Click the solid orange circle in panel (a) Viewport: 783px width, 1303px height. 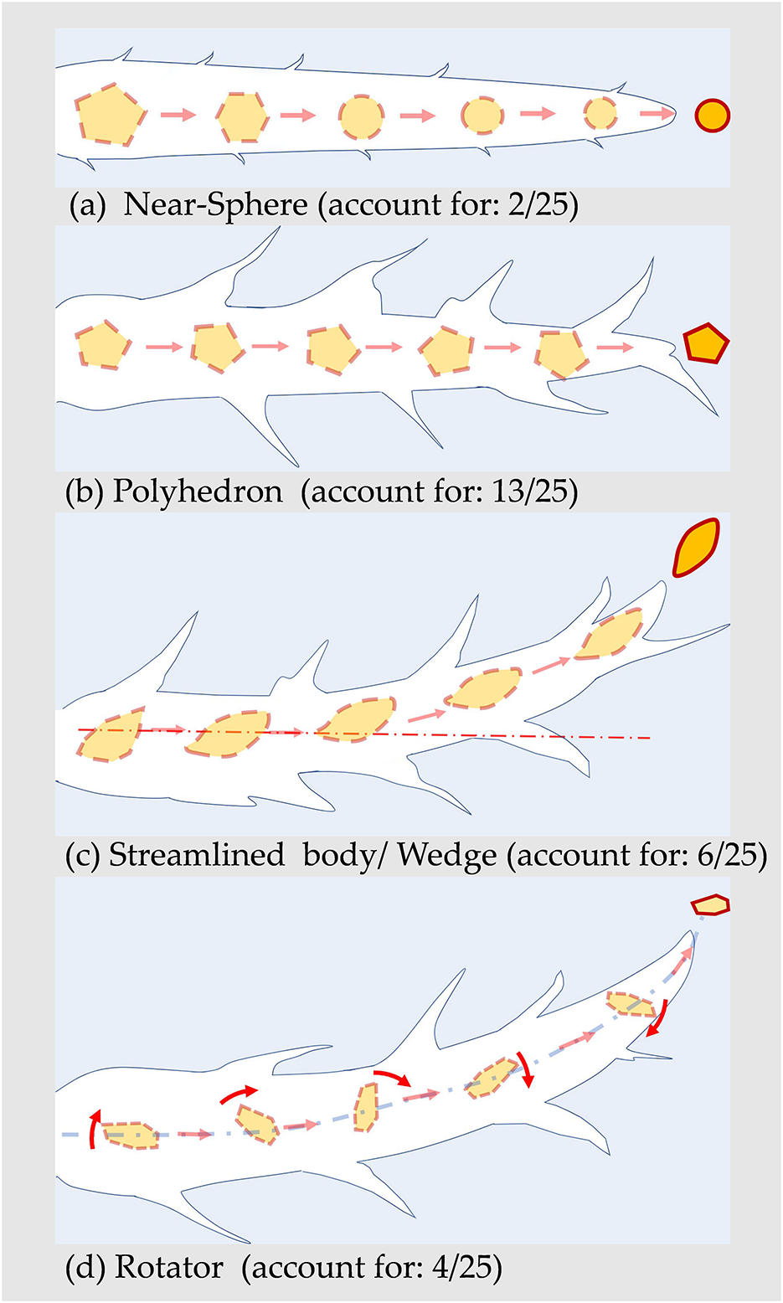(713, 116)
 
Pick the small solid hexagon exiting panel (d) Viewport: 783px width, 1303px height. (709, 905)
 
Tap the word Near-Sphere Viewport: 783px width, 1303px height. (215, 206)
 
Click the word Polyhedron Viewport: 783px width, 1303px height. (198, 492)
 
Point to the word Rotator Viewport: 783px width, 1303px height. (169, 1268)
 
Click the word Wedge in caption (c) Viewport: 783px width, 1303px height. (446, 856)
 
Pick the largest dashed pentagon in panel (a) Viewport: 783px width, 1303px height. (111, 115)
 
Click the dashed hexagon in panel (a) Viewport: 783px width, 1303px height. (243, 116)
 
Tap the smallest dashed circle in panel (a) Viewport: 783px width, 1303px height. (600, 113)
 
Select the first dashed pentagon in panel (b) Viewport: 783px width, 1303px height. (103, 344)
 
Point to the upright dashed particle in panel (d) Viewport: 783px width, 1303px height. (366, 1107)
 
